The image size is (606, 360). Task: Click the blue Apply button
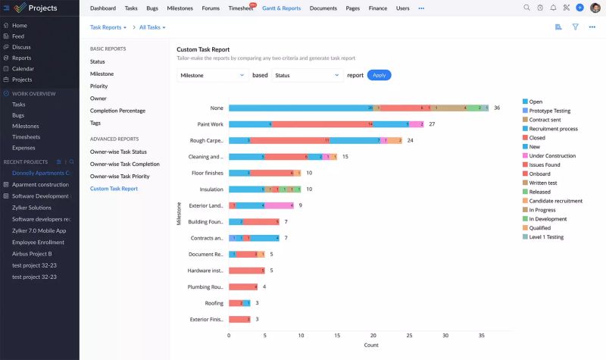tap(379, 75)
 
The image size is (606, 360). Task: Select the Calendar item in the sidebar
tap(23, 68)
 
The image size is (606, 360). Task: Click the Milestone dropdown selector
tap(212, 75)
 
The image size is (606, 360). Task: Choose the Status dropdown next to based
tap(308, 75)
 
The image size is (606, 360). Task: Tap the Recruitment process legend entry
tap(553, 129)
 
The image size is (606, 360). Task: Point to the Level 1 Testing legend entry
tap(546, 236)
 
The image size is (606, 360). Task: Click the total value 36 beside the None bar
tap(497, 108)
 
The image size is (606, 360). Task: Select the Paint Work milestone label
tap(210, 124)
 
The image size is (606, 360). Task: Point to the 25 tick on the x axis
tap(409, 335)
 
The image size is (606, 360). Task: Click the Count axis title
tap(370, 345)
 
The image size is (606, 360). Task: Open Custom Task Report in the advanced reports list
tap(114, 188)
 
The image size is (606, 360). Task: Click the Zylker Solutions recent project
tap(32, 207)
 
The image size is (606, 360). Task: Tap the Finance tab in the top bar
tap(377, 8)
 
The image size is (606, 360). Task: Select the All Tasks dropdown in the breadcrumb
tap(152, 27)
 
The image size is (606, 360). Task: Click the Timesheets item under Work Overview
tap(27, 137)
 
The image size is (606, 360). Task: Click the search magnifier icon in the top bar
tap(526, 8)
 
